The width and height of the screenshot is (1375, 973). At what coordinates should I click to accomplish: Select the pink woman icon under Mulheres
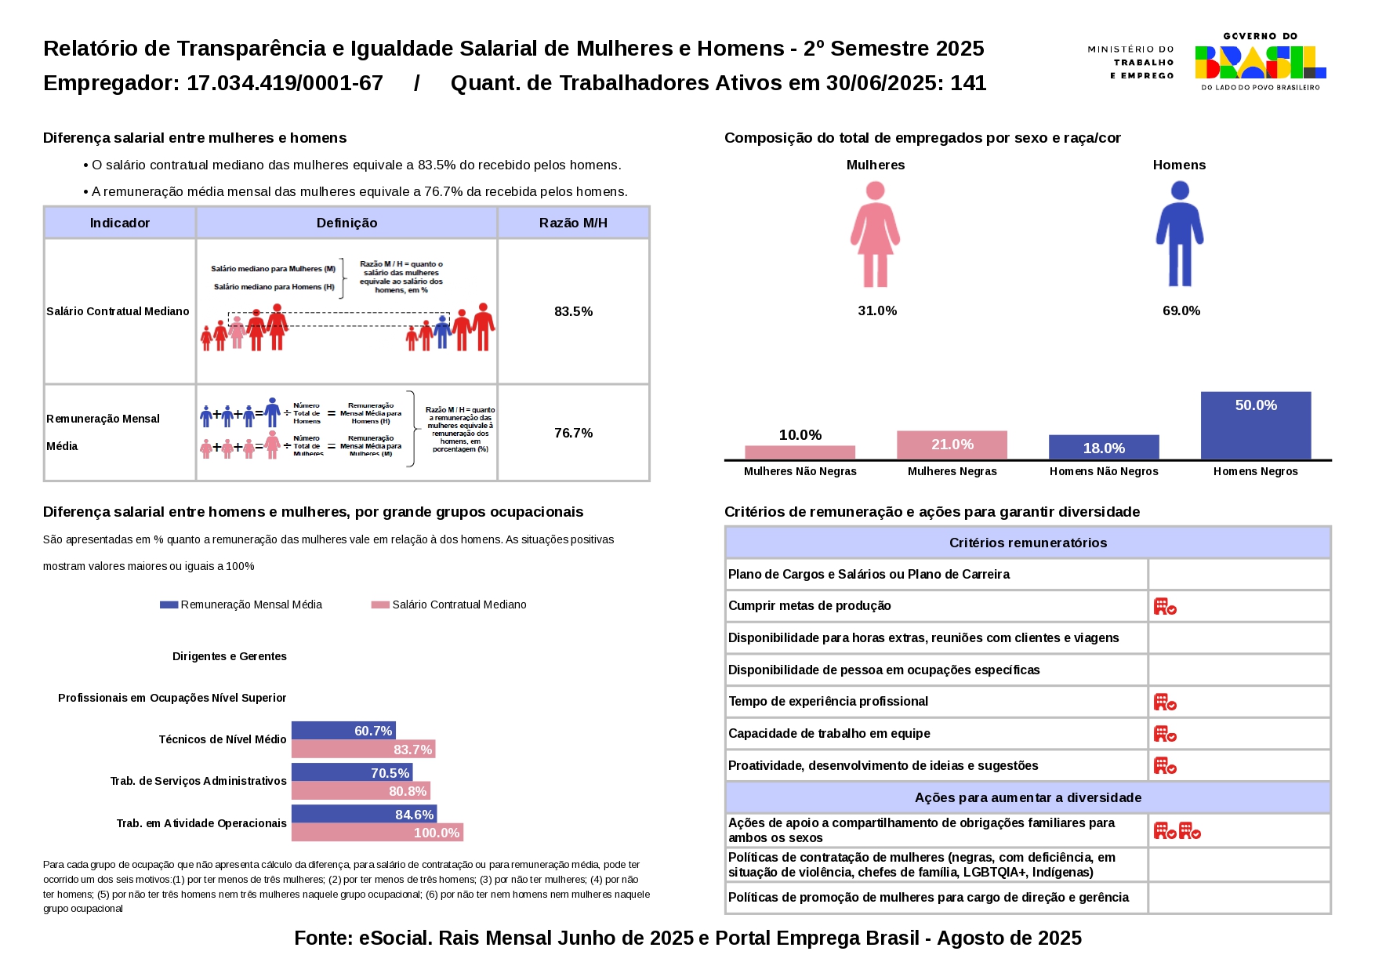(875, 234)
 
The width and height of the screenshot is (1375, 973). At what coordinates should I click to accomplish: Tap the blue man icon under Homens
(1179, 234)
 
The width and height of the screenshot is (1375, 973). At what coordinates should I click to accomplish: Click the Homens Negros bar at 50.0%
(1255, 425)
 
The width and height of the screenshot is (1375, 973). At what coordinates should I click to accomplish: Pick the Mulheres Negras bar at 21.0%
(952, 445)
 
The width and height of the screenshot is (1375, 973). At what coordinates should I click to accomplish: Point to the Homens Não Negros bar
(1104, 447)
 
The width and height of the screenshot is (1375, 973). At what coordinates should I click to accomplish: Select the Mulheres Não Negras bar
(800, 452)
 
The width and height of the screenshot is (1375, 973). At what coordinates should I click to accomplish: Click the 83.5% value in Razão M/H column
(573, 311)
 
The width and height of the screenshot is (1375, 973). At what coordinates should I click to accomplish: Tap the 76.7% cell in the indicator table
(573, 433)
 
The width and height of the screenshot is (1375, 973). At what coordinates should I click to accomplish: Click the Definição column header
(346, 223)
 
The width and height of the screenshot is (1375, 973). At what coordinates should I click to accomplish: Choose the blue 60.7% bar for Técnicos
(343, 731)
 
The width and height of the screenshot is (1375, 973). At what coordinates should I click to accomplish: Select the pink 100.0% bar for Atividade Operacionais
(377, 833)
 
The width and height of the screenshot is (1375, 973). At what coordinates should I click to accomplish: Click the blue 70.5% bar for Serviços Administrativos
(352, 772)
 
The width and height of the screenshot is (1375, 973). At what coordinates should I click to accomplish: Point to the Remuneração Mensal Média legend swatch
(169, 604)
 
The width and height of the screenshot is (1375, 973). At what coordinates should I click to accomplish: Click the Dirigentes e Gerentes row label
(230, 656)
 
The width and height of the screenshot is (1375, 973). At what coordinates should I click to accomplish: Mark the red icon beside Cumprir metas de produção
(1165, 606)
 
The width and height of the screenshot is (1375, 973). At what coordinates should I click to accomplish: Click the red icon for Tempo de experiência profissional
(1165, 702)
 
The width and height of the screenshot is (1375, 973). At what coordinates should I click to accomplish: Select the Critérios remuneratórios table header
(1028, 543)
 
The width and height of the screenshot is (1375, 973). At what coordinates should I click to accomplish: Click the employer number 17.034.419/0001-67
(285, 83)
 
